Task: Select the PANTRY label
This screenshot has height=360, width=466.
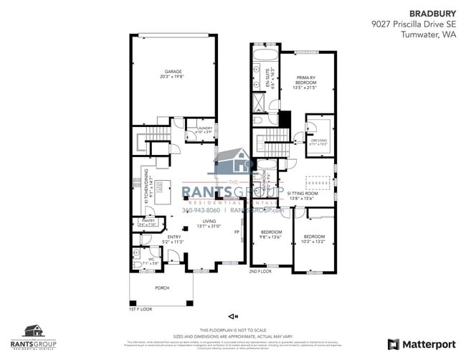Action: tap(148, 222)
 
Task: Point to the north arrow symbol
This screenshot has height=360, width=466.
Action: tap(232, 316)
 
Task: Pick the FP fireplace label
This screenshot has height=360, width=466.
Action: tap(236, 232)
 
